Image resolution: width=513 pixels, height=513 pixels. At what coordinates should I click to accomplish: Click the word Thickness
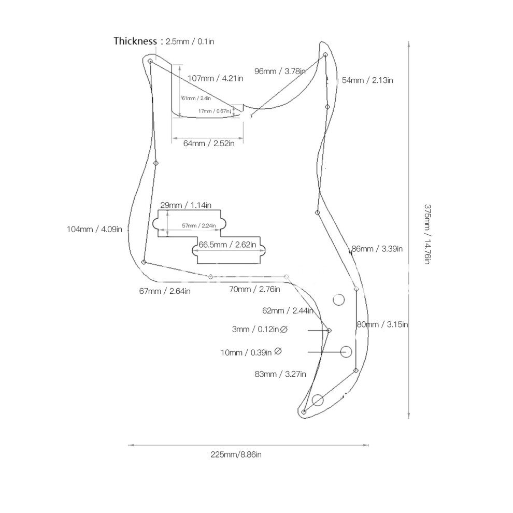[135, 41]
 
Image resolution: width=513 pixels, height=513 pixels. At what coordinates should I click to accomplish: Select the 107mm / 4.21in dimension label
[215, 79]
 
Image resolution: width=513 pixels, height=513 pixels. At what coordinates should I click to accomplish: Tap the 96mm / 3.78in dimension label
[280, 72]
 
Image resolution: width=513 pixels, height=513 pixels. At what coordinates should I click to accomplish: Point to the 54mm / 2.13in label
[367, 80]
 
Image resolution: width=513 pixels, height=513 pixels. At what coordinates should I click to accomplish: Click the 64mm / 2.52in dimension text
[209, 144]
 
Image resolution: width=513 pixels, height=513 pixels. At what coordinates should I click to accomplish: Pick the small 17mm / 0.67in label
[215, 111]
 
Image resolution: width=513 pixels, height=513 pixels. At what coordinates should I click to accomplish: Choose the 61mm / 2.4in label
[196, 98]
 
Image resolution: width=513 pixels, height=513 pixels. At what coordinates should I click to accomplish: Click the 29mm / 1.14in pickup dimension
[186, 205]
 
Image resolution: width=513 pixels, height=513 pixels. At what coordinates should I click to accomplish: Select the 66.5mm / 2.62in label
[227, 245]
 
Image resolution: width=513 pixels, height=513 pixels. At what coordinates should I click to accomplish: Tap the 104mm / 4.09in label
[94, 230]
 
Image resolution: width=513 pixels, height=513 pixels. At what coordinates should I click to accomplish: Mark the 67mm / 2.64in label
[165, 291]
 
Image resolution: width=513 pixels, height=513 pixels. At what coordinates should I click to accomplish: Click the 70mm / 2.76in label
[254, 289]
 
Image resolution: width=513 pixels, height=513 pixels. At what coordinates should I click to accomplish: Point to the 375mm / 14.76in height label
[428, 234]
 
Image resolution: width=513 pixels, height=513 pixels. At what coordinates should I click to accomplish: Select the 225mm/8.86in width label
[236, 455]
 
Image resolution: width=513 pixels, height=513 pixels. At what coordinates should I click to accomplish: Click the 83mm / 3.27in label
[280, 374]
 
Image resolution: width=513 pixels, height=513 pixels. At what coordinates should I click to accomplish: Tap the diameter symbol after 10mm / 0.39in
[278, 351]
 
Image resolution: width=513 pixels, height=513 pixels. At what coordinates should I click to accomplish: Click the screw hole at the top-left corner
[150, 61]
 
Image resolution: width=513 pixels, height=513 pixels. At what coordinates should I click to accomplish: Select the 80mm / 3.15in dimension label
[382, 324]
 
